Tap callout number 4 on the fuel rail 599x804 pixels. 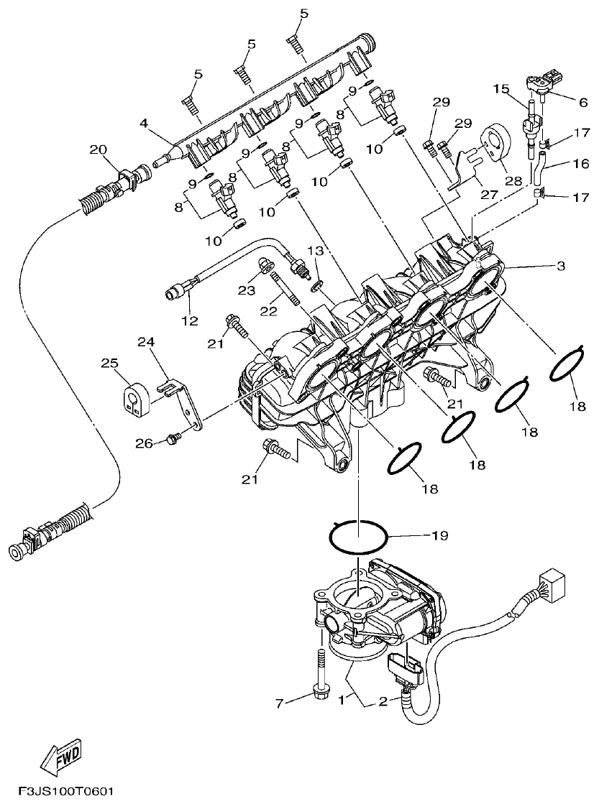(145, 124)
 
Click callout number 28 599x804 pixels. (513, 181)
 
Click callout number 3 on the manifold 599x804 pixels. (561, 266)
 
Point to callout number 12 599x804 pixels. (189, 321)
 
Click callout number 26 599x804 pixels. (145, 444)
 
